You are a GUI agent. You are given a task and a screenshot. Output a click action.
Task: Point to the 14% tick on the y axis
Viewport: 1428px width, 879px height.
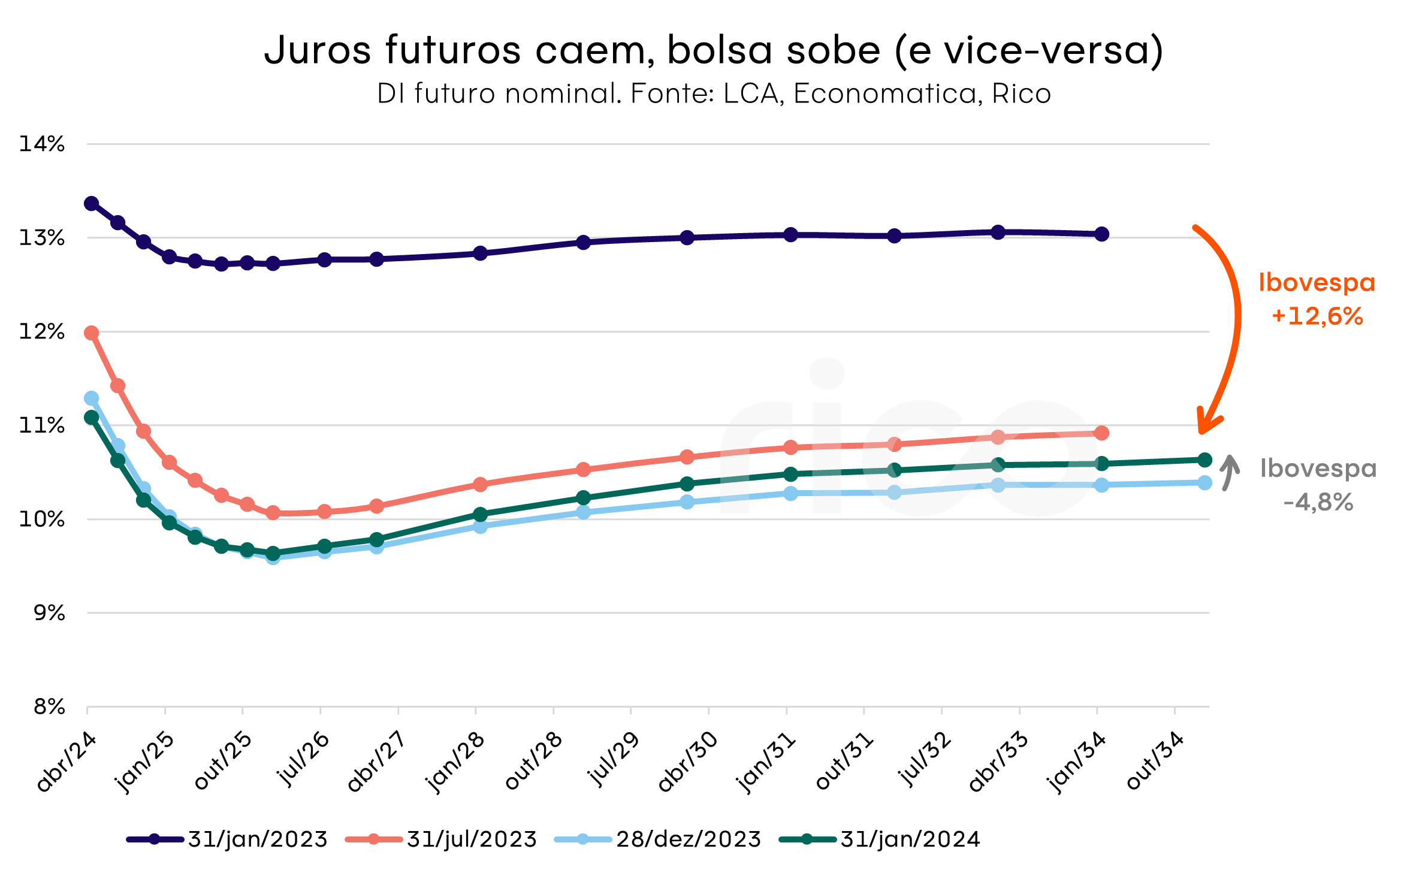pyautogui.click(x=42, y=144)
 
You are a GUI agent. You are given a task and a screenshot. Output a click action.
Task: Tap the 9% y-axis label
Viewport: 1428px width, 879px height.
pyautogui.click(x=49, y=613)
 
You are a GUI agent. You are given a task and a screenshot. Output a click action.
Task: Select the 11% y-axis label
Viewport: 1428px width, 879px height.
pyautogui.click(x=42, y=425)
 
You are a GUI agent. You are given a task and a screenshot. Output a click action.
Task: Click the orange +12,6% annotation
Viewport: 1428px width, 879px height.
pyautogui.click(x=1317, y=316)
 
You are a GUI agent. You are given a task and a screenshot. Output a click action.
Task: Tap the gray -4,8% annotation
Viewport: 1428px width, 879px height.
pyautogui.click(x=1318, y=502)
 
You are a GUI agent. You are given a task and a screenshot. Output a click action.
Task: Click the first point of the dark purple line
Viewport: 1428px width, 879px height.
pyautogui.click(x=92, y=204)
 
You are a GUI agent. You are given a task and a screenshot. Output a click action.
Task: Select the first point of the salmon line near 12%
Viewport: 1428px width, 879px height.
pyautogui.click(x=92, y=333)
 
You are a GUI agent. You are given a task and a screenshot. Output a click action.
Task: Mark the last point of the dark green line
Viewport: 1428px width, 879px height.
pyautogui.click(x=1204, y=460)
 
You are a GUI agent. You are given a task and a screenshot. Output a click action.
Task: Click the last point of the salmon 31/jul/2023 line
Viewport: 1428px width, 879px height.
pyautogui.click(x=1101, y=433)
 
